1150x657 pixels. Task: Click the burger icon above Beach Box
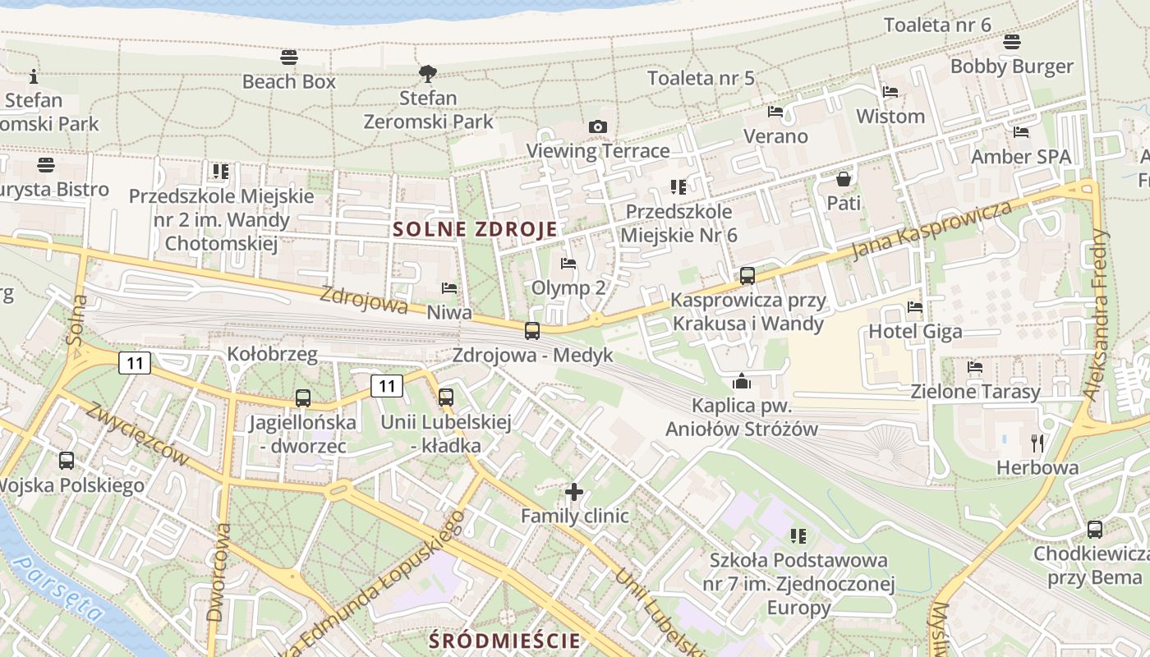[288, 57]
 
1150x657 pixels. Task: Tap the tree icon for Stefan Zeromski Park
[427, 74]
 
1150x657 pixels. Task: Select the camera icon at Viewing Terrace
[598, 126]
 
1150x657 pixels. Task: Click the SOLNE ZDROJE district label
[475, 229]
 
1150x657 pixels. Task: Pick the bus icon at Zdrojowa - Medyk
[532, 331]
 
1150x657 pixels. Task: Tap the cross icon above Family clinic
[574, 492]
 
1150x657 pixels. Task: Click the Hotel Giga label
[915, 332]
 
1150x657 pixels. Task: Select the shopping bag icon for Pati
[844, 178]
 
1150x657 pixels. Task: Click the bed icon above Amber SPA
[1021, 132]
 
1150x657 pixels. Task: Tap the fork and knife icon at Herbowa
[1037, 443]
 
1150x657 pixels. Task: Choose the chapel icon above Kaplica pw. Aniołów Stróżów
[742, 381]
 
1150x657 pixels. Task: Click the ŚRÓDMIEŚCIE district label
[504, 641]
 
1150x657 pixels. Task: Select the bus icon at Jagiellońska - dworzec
[303, 398]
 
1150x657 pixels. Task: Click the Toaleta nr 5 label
[701, 78]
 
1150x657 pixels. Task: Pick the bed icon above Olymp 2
[568, 264]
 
